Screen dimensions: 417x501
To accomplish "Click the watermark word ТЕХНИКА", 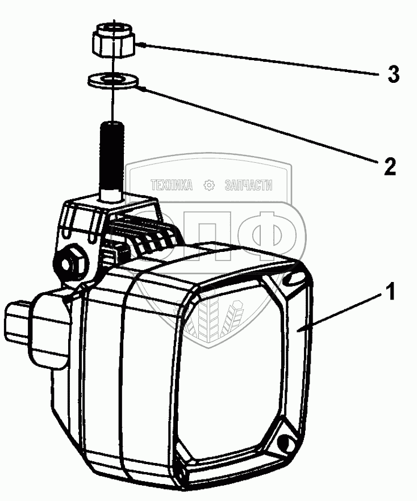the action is point(172,185).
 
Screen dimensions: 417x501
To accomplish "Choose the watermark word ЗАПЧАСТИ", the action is point(249,185).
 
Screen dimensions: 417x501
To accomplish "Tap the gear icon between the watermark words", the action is point(208,185).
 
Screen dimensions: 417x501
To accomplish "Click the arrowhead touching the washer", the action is point(143,87).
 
